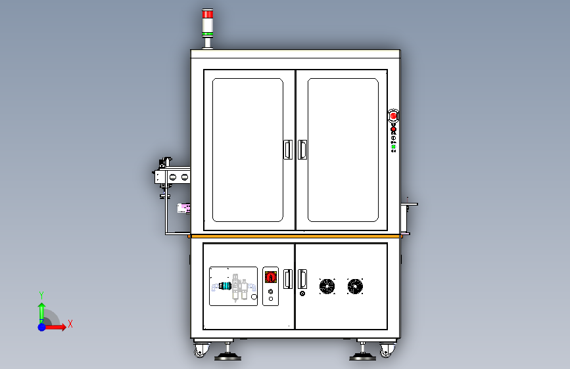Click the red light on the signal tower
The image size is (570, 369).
pyautogui.click(x=208, y=14)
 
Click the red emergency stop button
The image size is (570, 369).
pyautogui.click(x=393, y=116)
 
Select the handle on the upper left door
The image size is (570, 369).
pyautogui.click(x=287, y=150)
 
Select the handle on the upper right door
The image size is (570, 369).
pyautogui.click(x=302, y=150)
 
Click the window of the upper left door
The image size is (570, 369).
pyautogui.click(x=247, y=150)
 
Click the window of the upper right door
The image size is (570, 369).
pyautogui.click(x=343, y=150)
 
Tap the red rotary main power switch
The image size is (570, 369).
pyautogui.click(x=270, y=276)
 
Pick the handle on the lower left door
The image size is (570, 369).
pyautogui.click(x=287, y=280)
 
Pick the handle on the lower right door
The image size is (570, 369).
pyautogui.click(x=302, y=280)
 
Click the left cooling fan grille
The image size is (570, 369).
pyautogui.click(x=327, y=286)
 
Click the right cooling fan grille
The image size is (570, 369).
pyautogui.click(x=355, y=286)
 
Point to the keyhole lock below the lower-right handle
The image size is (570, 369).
pyautogui.click(x=302, y=294)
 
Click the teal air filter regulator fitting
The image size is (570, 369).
pyautogui.click(x=227, y=286)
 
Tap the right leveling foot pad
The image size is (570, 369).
pyautogui.click(x=362, y=357)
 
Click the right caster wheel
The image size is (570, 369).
pyautogui.click(x=386, y=352)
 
